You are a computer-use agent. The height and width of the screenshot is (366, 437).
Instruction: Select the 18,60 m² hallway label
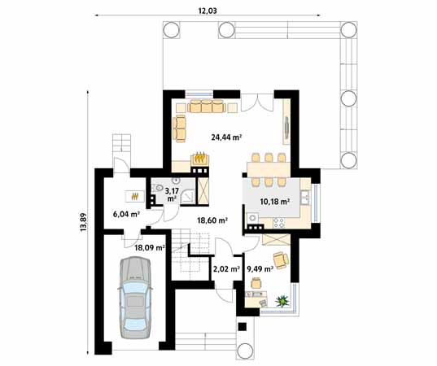tap(212, 220)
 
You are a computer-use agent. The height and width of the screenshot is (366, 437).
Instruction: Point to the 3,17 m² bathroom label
tap(172, 194)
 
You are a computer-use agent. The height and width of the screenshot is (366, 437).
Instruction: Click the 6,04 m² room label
tap(126, 216)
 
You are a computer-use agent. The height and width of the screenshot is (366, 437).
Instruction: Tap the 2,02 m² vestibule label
tap(225, 268)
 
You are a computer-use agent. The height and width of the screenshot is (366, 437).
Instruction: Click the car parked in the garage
tap(136, 297)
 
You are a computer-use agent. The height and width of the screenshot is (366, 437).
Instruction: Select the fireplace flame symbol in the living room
tap(198, 159)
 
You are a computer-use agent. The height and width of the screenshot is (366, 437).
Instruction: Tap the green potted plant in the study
tap(283, 302)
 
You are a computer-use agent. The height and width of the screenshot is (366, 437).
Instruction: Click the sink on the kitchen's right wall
tap(306, 198)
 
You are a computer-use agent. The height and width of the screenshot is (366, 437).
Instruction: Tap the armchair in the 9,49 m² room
tap(281, 259)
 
